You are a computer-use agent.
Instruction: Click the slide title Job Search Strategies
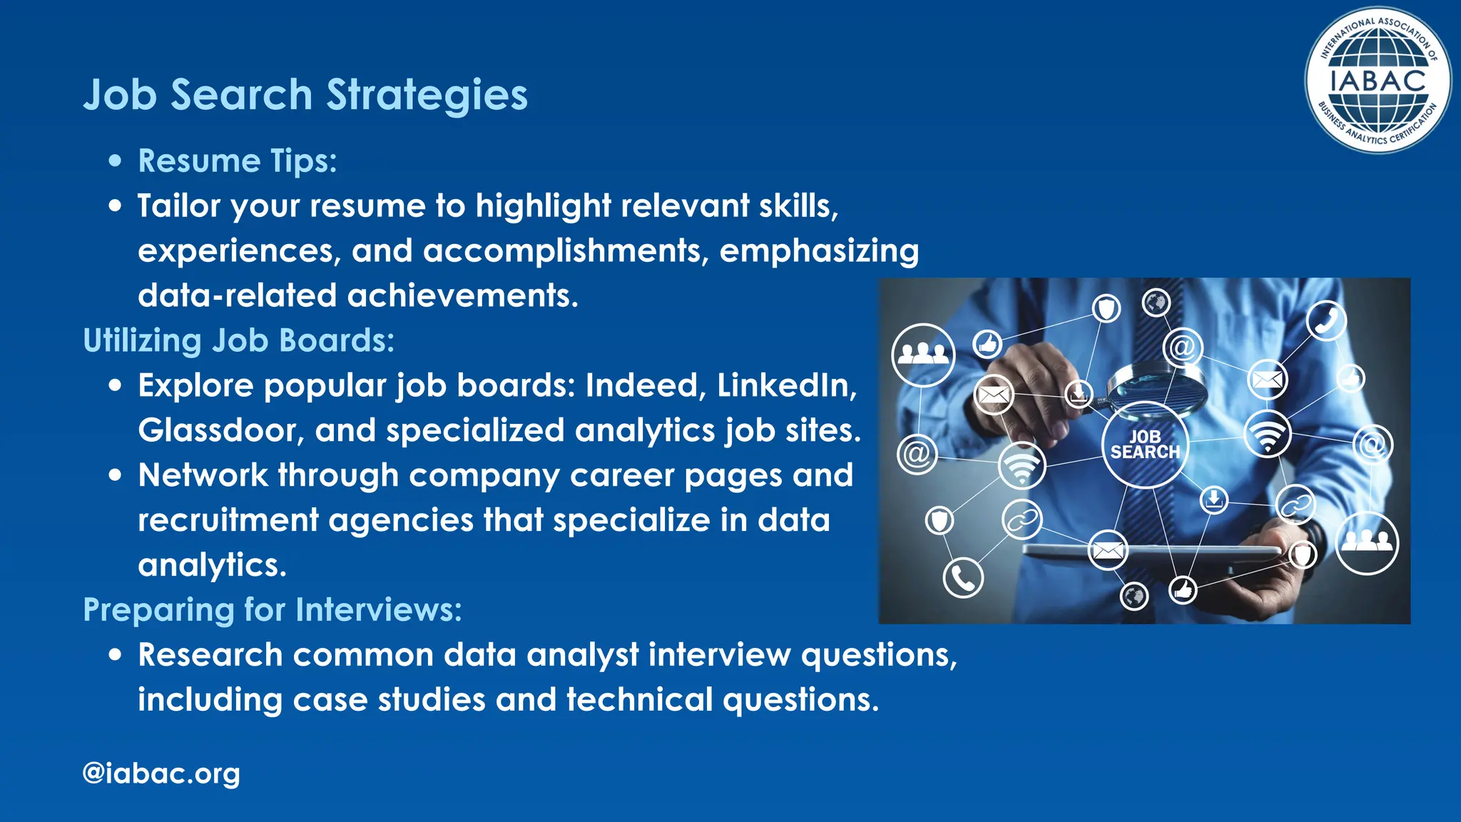click(305, 95)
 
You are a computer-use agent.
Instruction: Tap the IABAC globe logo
click(1378, 81)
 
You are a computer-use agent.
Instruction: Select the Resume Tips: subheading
click(237, 161)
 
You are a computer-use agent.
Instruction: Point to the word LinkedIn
click(786, 386)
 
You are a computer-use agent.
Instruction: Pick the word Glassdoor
click(220, 431)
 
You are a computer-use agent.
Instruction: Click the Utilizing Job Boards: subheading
click(238, 341)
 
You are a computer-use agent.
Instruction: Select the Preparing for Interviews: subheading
click(273, 610)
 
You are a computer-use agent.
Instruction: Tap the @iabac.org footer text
click(161, 773)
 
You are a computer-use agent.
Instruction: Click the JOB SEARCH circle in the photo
click(1144, 445)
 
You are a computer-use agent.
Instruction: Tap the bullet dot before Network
click(116, 475)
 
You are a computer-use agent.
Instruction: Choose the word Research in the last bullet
click(210, 655)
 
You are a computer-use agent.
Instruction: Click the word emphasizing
click(819, 251)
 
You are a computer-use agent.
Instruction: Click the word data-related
click(237, 296)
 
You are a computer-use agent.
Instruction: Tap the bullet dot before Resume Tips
click(116, 161)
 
